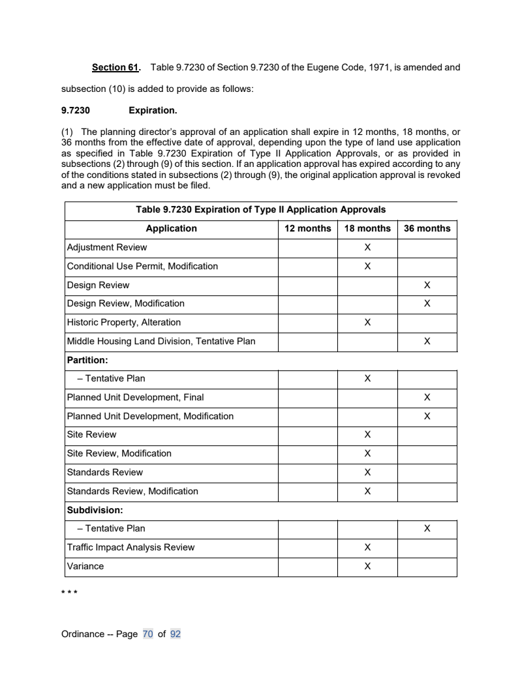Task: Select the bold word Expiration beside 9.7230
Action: (153, 110)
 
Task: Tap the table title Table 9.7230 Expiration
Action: (260, 210)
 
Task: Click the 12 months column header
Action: (308, 228)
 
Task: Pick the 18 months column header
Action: (367, 228)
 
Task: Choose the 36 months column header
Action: (427, 228)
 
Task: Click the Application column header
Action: (171, 228)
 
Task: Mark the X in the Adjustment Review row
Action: (367, 247)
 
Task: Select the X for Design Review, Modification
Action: (427, 303)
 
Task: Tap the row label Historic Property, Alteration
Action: (124, 322)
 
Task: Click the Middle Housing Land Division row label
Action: (161, 341)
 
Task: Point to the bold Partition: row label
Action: (87, 360)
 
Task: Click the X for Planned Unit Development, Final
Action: (427, 397)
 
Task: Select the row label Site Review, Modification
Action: (119, 453)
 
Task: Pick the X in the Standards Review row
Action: (367, 472)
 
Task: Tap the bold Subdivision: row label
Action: (95, 510)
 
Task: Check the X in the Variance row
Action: (367, 566)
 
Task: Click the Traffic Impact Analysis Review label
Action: (130, 547)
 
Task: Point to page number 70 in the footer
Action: (147, 634)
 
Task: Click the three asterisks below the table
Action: (69, 593)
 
